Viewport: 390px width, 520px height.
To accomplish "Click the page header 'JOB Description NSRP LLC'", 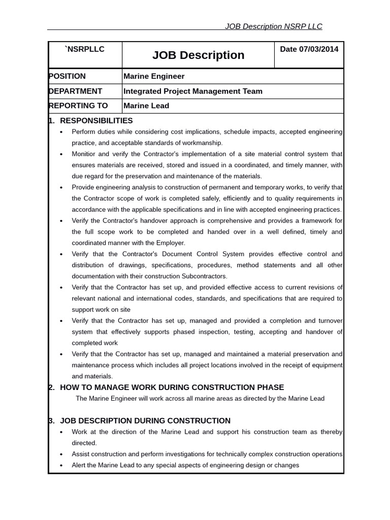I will coord(273,26).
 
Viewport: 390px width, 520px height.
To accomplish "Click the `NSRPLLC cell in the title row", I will coord(85,49).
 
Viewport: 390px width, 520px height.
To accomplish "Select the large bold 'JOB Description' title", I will coord(198,55).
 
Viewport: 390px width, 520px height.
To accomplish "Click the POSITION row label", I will coord(68,76).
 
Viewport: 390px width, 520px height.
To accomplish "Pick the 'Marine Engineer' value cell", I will coord(154,76).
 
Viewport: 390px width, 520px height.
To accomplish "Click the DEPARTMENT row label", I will coord(76,91).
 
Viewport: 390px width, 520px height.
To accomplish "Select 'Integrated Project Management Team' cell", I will coord(193,91).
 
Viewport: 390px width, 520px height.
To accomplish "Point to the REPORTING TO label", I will coord(79,106).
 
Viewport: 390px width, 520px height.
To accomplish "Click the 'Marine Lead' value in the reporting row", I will coord(146,106).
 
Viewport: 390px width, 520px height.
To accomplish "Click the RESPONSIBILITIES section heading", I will coord(96,120).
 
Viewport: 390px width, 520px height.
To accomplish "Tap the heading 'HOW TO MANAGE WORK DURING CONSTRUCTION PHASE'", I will coord(172,387).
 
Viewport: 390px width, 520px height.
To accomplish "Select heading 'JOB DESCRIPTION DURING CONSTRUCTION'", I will coord(145,420).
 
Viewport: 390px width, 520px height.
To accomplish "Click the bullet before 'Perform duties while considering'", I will coord(61,132).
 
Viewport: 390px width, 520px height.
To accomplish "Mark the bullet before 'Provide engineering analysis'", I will coord(61,187).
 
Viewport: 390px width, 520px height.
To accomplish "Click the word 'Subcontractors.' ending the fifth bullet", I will coord(206,276).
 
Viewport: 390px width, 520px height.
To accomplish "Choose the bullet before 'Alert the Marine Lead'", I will coord(61,466).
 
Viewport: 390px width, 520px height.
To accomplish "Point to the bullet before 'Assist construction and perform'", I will coord(61,454).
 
